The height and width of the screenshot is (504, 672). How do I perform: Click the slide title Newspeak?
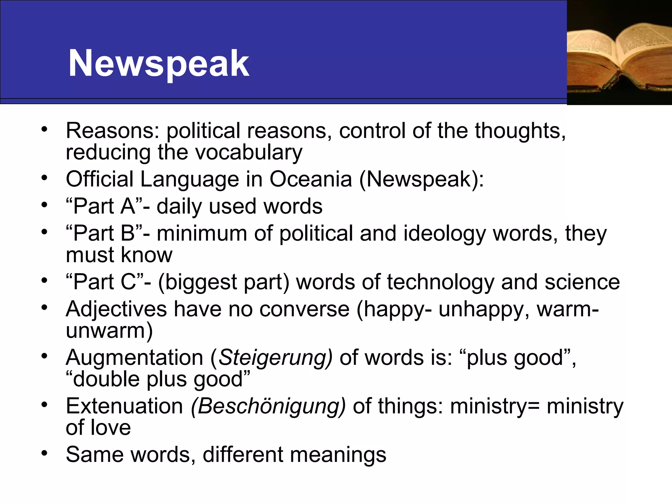(x=159, y=63)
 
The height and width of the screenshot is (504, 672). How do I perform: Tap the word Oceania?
(x=311, y=179)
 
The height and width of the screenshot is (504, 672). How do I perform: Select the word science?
(x=582, y=282)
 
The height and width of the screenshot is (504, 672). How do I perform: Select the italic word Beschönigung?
(x=268, y=406)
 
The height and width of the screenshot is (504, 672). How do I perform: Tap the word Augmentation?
(x=135, y=358)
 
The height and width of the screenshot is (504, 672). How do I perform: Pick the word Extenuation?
(x=124, y=406)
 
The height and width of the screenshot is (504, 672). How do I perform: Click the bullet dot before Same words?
(x=45, y=453)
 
